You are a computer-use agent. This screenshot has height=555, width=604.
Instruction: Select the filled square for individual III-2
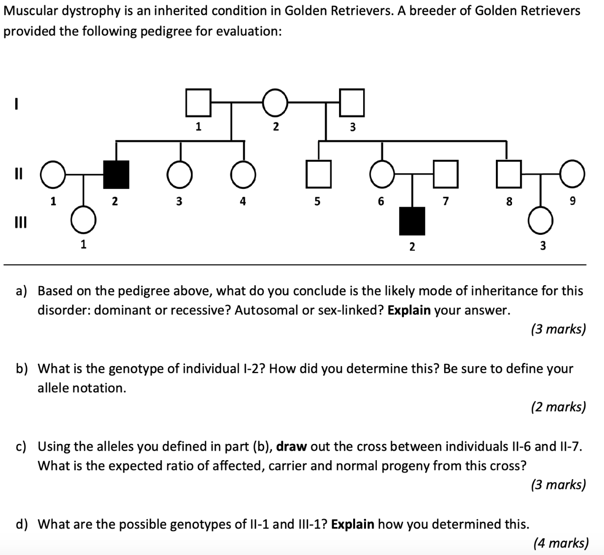pos(412,221)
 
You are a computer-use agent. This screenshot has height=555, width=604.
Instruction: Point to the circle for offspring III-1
pos(84,221)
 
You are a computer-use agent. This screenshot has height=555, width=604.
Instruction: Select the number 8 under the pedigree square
pos(509,202)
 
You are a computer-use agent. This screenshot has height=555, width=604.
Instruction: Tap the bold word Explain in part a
pos(409,310)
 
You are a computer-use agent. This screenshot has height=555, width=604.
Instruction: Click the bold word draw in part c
pos(291,446)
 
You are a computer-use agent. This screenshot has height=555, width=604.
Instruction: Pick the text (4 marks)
pos(560,542)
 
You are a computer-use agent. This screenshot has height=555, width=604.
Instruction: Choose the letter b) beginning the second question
pos(21,369)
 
